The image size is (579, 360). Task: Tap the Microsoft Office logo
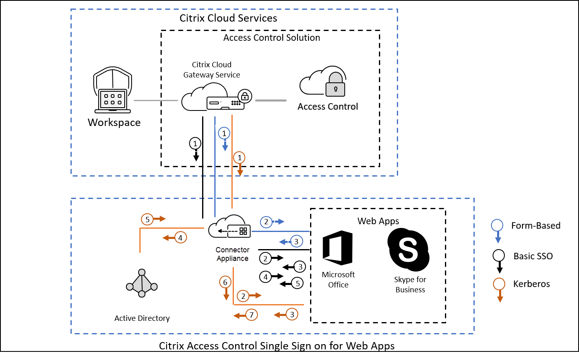click(x=337, y=248)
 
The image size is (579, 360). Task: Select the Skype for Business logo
click(x=408, y=250)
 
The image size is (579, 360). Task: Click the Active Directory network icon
click(x=142, y=283)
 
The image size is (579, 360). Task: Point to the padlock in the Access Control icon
click(x=335, y=84)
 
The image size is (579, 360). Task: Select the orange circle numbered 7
click(x=251, y=315)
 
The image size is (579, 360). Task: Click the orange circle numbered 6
click(x=225, y=282)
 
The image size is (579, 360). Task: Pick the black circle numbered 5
click(x=297, y=283)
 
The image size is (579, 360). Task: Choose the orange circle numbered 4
click(x=181, y=238)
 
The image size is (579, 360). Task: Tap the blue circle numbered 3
click(x=296, y=241)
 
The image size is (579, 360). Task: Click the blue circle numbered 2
click(x=266, y=222)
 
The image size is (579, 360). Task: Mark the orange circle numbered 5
click(x=148, y=219)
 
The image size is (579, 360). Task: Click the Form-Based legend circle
click(x=497, y=225)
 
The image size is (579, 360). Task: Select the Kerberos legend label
click(x=531, y=284)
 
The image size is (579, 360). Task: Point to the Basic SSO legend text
click(x=533, y=256)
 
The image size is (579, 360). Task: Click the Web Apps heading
click(x=378, y=221)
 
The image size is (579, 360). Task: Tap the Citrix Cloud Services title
click(x=228, y=18)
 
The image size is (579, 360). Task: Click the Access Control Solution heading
click(x=271, y=38)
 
